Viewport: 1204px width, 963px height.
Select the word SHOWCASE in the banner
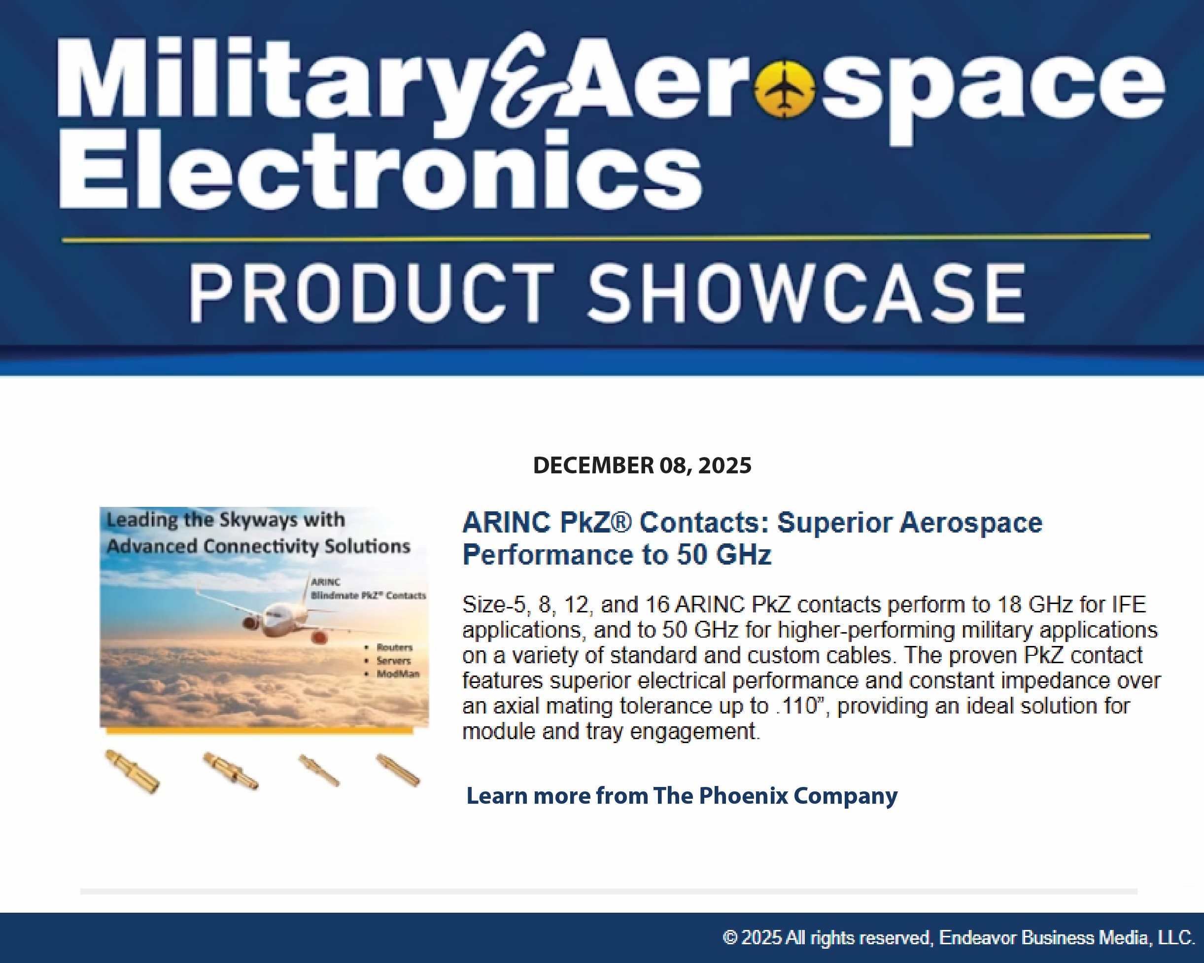807,293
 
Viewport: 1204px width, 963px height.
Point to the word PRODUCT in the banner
372,293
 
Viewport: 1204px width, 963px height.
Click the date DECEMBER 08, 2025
642,465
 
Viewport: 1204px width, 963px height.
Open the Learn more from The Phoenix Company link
682,795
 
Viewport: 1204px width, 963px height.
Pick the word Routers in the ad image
394,647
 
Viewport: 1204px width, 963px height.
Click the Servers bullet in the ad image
393,660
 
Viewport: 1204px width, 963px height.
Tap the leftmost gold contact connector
133,771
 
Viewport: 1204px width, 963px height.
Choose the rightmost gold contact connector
398,770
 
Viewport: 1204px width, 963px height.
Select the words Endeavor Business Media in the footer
1045,938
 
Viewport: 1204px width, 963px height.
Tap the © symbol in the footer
730,938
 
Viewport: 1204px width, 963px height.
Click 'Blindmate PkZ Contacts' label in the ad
369,596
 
